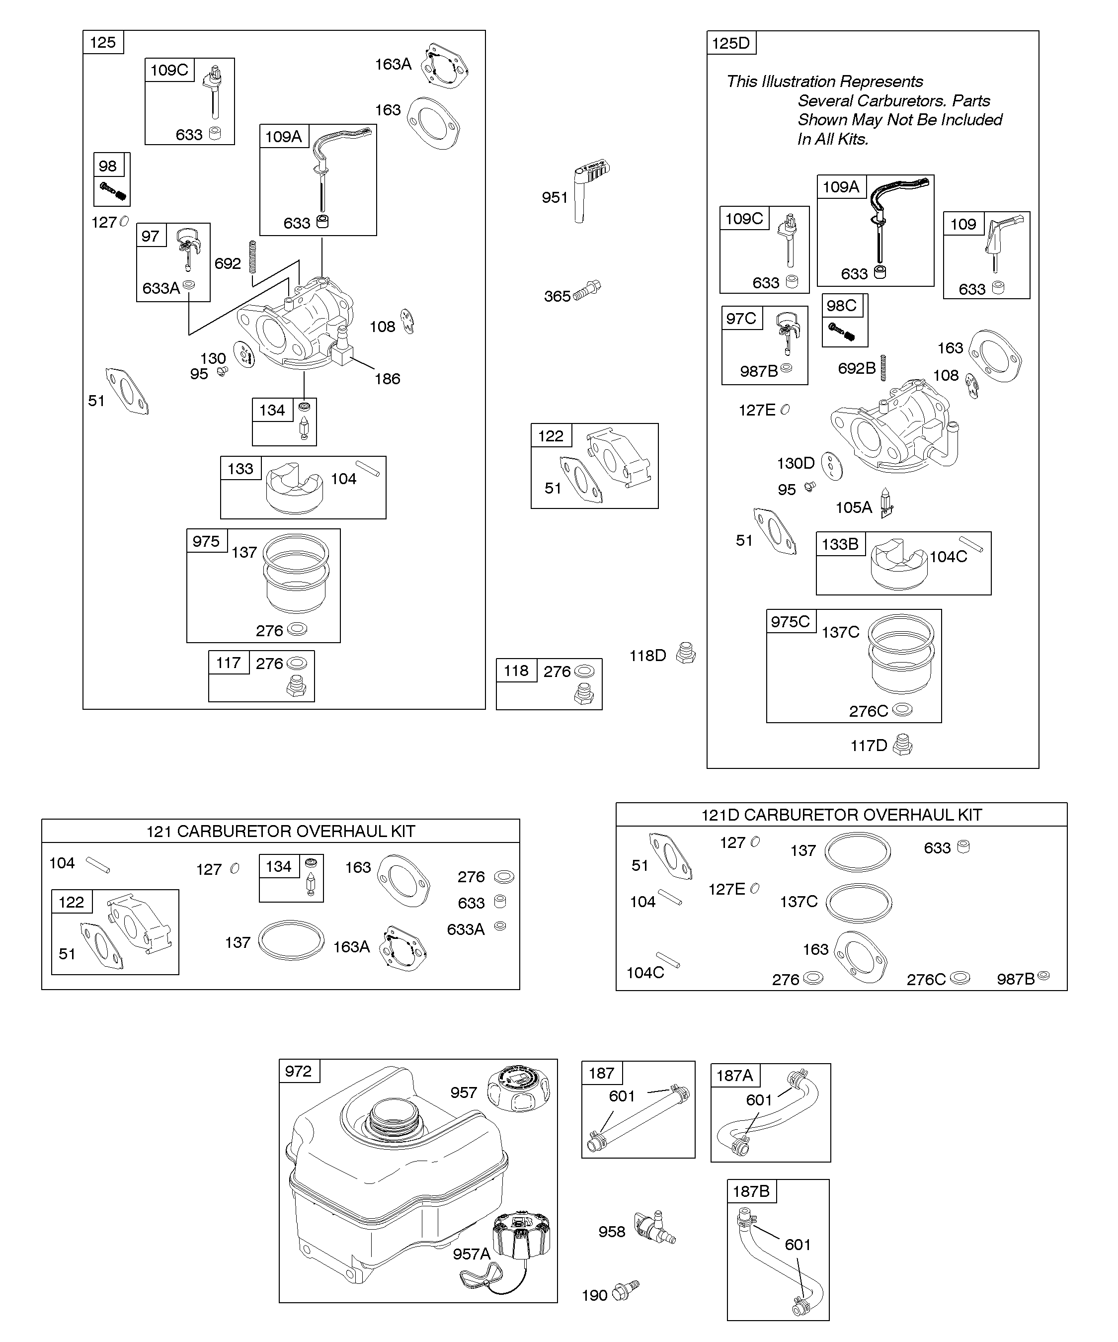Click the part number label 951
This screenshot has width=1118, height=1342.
coord(555,197)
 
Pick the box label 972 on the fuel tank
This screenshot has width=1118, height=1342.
coord(298,1071)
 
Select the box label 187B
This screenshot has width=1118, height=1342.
coord(751,1191)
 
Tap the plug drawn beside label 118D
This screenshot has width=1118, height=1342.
coord(686,653)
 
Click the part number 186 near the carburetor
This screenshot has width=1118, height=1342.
coord(387,379)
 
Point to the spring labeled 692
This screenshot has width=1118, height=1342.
coord(252,256)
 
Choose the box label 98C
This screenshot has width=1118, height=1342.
coord(841,306)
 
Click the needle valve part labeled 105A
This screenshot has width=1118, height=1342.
coord(887,503)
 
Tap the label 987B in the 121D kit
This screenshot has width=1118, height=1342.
coord(1015,979)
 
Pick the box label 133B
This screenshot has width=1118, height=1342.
coord(839,544)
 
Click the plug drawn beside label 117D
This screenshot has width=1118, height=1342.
coord(902,745)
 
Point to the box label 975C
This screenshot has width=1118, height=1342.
coord(790,622)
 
